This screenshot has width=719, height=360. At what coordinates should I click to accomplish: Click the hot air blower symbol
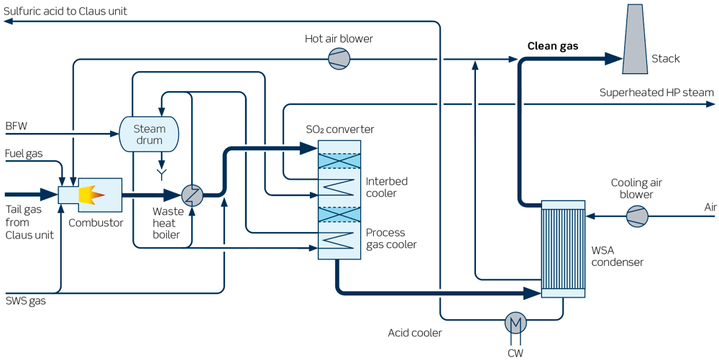(339, 59)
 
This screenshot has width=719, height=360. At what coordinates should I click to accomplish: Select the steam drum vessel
(149, 134)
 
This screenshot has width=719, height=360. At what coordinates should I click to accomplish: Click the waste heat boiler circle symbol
(192, 195)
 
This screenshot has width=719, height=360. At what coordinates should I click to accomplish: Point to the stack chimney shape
(635, 39)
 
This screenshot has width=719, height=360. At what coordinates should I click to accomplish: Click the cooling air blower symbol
(636, 215)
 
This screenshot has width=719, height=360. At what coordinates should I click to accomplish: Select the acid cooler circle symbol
(515, 323)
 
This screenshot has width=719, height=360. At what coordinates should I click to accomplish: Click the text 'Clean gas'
(553, 46)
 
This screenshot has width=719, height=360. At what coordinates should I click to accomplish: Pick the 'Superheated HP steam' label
(656, 93)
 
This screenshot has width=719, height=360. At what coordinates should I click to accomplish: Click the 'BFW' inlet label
(16, 126)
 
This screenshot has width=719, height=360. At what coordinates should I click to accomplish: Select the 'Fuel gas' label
(24, 154)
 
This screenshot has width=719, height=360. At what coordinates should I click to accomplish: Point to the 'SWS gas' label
(25, 300)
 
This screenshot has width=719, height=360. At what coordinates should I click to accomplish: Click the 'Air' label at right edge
(710, 208)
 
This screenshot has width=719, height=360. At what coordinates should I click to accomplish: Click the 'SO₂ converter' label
(339, 129)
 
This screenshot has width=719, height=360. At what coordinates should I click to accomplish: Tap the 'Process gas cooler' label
(391, 239)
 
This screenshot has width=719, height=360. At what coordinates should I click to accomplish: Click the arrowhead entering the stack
(613, 58)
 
